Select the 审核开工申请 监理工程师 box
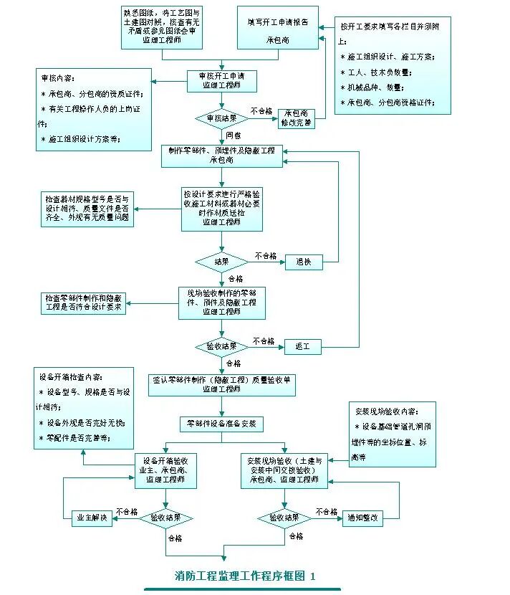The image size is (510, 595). click(222, 81)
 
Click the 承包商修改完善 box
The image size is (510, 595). click(297, 118)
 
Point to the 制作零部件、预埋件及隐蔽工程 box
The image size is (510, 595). click(222, 156)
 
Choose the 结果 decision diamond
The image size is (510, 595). click(221, 262)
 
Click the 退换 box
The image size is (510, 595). click(304, 262)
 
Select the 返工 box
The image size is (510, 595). click(304, 347)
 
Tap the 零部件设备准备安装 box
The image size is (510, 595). click(222, 424)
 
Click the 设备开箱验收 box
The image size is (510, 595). click(166, 470)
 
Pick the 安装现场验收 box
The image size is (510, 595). click(285, 470)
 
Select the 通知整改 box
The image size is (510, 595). click(363, 518)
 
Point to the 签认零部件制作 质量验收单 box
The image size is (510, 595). click(222, 384)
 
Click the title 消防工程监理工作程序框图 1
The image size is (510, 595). click(245, 576)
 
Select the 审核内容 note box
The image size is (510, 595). click(95, 109)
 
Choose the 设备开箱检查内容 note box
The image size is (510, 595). click(84, 408)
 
